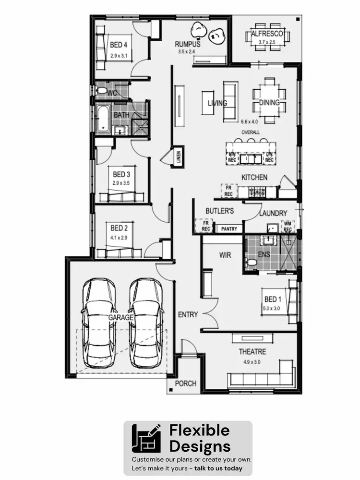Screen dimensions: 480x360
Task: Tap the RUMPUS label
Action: (187, 44)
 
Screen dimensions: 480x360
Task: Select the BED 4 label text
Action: (119, 46)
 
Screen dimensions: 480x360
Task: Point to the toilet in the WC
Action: (102, 91)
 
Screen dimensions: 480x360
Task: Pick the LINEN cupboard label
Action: (179, 157)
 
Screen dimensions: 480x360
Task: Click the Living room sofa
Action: (230, 101)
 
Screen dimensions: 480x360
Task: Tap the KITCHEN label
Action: (254, 178)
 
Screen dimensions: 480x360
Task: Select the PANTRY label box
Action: (229, 229)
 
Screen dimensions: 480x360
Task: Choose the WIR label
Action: (225, 255)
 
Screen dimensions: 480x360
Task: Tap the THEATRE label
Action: (252, 352)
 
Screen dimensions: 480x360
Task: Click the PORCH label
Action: (186, 384)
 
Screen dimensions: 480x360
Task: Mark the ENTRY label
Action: (188, 315)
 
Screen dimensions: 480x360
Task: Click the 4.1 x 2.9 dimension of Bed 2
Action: (119, 237)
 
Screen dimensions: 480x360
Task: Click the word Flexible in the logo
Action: (199, 431)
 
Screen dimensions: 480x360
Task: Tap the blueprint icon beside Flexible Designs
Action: (147, 439)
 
